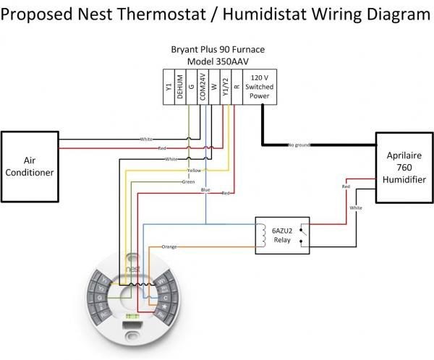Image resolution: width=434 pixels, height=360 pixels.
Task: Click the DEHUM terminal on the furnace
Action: point(180,89)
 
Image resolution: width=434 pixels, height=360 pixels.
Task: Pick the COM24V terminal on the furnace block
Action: point(203,89)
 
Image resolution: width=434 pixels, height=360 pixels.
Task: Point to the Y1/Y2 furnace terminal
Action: point(226,89)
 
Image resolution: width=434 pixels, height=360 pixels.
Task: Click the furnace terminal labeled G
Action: point(192,89)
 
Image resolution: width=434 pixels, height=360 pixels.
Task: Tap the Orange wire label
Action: point(169,247)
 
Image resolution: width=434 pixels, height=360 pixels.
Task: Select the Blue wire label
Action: point(205,189)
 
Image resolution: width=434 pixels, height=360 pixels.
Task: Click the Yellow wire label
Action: point(194,171)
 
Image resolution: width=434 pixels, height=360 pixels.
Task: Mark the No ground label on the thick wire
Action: point(299,145)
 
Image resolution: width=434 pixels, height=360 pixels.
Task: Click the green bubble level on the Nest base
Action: point(133,316)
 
